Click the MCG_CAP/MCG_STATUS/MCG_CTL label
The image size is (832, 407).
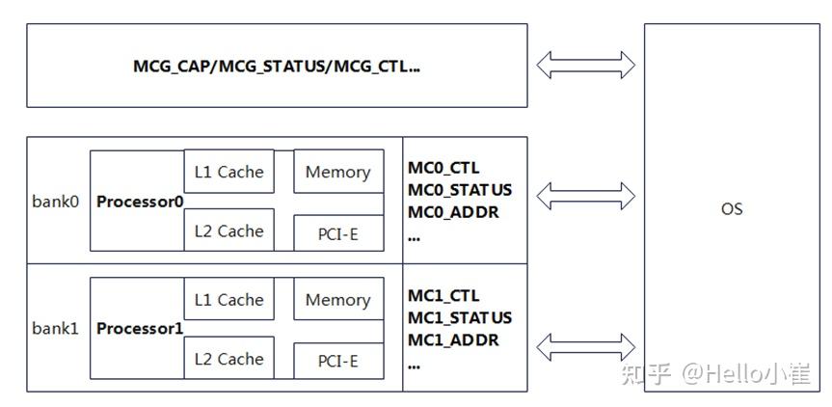(x=277, y=67)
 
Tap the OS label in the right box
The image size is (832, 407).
(x=732, y=208)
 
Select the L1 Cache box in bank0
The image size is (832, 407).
(x=228, y=172)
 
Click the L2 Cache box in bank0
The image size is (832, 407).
(x=228, y=231)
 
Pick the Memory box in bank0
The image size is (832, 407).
(x=337, y=172)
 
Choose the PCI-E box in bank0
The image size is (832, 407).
(x=337, y=232)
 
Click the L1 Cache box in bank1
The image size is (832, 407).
(x=228, y=300)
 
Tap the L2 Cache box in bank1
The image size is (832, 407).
(x=228, y=359)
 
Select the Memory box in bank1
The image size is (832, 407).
(x=337, y=300)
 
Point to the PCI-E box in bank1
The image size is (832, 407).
(x=337, y=361)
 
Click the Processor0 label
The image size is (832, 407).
(x=140, y=203)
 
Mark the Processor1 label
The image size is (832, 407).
(x=140, y=329)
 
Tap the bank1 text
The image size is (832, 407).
(x=55, y=329)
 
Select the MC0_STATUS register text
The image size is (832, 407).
(x=460, y=190)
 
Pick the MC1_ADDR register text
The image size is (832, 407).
(x=453, y=339)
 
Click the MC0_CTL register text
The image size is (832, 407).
(x=443, y=169)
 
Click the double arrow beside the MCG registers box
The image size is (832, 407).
(x=586, y=66)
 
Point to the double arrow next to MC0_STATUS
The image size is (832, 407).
(x=586, y=196)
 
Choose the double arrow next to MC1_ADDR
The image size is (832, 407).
(x=586, y=345)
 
